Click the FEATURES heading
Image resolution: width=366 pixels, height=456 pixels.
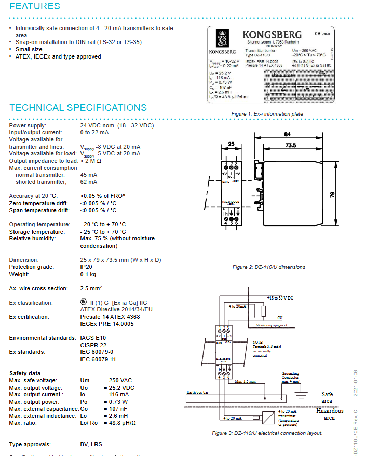[35, 7]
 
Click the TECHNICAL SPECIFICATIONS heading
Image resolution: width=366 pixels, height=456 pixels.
[78, 108]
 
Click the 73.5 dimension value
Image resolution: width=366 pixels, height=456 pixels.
[291, 146]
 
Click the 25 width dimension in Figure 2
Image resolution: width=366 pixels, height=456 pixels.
[231, 145]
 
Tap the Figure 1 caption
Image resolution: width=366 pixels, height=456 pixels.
[267, 113]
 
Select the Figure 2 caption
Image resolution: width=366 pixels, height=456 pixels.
[269, 267]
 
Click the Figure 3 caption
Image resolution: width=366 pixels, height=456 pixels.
[267, 433]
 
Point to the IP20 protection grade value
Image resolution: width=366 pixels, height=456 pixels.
[87, 267]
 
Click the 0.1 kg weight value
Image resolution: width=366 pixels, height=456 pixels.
[88, 274]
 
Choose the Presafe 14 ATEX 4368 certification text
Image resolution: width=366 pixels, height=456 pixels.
[110, 317]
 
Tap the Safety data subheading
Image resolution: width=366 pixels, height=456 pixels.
[25, 373]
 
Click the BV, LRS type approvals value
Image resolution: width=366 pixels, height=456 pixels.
[91, 444]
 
